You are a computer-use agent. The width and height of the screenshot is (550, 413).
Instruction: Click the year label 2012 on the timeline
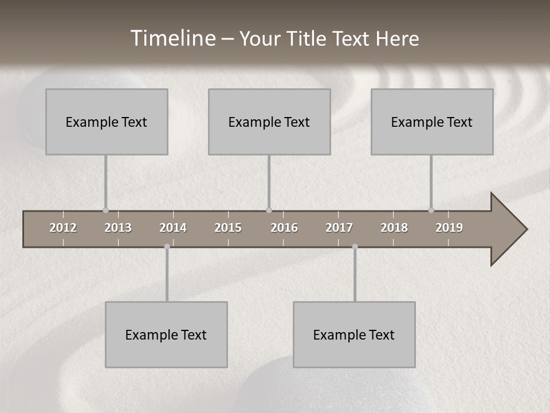coord(63,228)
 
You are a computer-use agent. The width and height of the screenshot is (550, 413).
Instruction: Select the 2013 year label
coord(118,228)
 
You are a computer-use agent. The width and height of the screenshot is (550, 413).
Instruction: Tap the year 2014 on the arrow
coord(173,228)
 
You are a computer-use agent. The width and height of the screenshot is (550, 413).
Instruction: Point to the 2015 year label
coord(228,228)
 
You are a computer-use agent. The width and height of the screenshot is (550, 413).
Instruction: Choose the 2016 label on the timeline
coord(284,228)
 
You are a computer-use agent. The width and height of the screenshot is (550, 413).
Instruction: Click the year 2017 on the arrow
coord(339,228)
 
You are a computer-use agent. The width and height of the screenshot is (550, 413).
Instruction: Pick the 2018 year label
coord(394,228)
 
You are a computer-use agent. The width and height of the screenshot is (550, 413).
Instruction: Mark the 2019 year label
coord(449,228)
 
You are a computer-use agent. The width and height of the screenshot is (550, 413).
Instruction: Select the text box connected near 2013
coord(107,122)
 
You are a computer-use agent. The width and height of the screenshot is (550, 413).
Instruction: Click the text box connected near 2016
coord(269,122)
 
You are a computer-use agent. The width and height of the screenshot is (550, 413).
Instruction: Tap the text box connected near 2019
coord(432,122)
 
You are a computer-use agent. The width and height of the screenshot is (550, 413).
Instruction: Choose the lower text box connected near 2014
coord(166,334)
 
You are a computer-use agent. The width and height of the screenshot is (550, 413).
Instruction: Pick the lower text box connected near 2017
coord(354,334)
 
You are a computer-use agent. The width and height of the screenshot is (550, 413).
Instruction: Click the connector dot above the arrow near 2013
coord(105,210)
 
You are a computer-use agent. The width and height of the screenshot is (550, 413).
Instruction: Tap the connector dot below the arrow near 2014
coord(167,247)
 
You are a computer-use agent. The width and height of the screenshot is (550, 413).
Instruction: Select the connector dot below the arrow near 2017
coord(355,247)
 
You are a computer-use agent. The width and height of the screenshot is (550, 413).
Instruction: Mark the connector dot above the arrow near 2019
coord(431,210)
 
